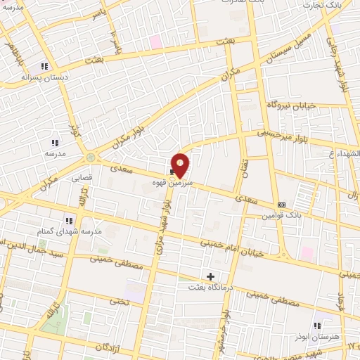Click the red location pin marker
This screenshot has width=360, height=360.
[x=181, y=165]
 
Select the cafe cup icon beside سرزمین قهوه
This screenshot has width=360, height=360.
[x=172, y=171]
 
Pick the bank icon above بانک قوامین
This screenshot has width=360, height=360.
[x=282, y=205]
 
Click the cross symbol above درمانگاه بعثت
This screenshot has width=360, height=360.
[x=210, y=276]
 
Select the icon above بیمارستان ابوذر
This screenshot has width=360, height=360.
[x=317, y=326]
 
